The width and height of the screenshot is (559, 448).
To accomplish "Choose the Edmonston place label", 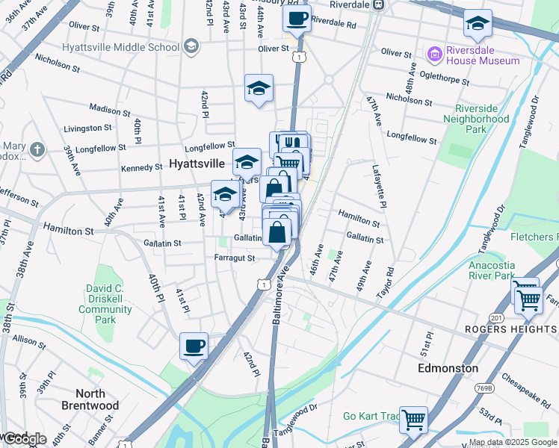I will (448, 368).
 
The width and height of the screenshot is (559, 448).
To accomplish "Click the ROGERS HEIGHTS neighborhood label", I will (511, 329).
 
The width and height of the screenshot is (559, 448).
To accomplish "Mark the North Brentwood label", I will (96, 399).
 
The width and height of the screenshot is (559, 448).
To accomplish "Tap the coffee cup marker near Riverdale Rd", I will (297, 18).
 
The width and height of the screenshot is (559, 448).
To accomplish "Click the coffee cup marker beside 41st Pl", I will (194, 346).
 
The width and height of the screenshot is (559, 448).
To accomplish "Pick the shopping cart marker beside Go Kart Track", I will (413, 419).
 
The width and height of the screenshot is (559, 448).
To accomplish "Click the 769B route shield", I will (485, 388).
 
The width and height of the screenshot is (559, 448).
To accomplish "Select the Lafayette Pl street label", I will (380, 187).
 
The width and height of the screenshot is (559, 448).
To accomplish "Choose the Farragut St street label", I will (230, 258).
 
